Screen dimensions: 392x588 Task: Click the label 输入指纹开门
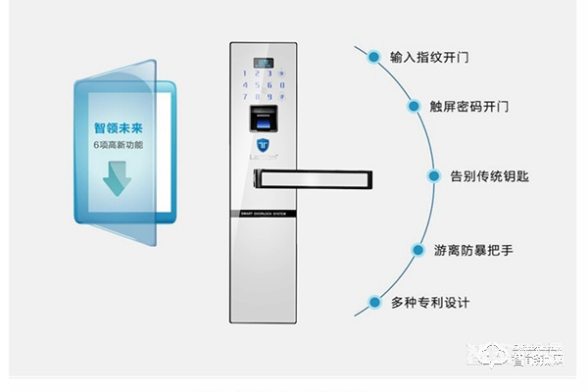(429, 57)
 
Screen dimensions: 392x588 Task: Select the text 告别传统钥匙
(489, 176)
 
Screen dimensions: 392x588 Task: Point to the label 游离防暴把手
(473, 250)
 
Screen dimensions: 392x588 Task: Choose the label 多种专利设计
(429, 303)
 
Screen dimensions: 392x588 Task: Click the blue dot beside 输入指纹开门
(373, 57)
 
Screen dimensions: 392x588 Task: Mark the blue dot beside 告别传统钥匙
(434, 176)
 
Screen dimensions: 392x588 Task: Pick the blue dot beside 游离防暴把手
(417, 250)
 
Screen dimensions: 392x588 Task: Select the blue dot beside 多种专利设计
(373, 303)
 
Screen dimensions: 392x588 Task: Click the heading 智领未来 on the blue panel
(118, 127)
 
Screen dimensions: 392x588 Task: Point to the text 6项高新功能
(118, 145)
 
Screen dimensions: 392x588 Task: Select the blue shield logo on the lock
(264, 146)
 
